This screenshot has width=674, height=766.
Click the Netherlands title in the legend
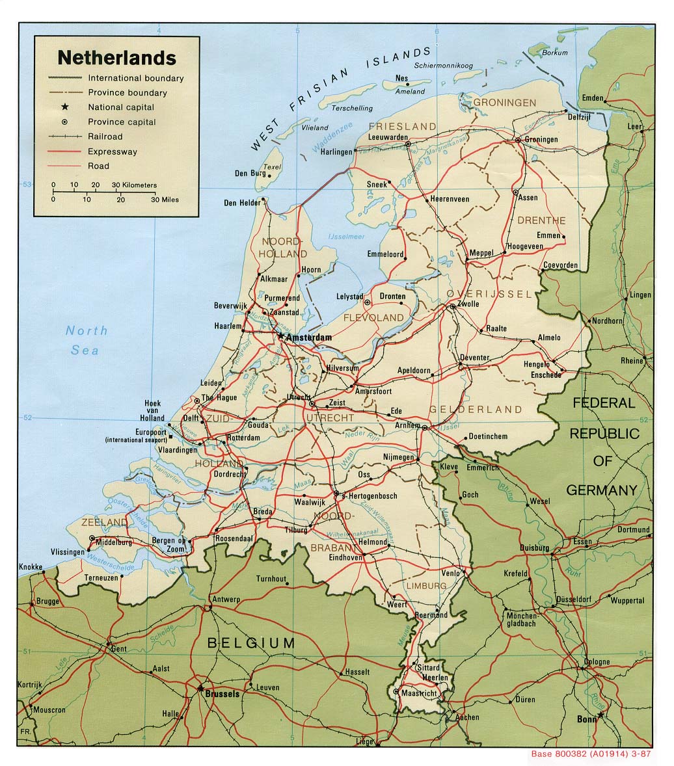(x=116, y=58)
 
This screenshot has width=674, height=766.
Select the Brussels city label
(x=222, y=694)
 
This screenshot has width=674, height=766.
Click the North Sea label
(x=86, y=340)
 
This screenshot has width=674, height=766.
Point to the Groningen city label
(x=541, y=140)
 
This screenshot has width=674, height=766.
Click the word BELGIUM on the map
(x=250, y=643)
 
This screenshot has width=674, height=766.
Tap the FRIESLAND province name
(x=402, y=125)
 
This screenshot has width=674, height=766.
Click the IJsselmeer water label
(x=346, y=237)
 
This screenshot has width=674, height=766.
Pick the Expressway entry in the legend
(x=113, y=152)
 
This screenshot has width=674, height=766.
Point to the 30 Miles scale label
(x=165, y=200)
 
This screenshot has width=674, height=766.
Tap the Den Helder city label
(x=241, y=203)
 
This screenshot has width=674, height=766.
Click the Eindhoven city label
(x=345, y=557)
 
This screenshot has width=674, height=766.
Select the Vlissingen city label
(x=66, y=552)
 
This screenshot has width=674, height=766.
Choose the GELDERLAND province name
(x=475, y=410)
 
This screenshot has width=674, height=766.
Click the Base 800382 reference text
(x=591, y=754)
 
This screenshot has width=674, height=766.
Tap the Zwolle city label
(x=468, y=304)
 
